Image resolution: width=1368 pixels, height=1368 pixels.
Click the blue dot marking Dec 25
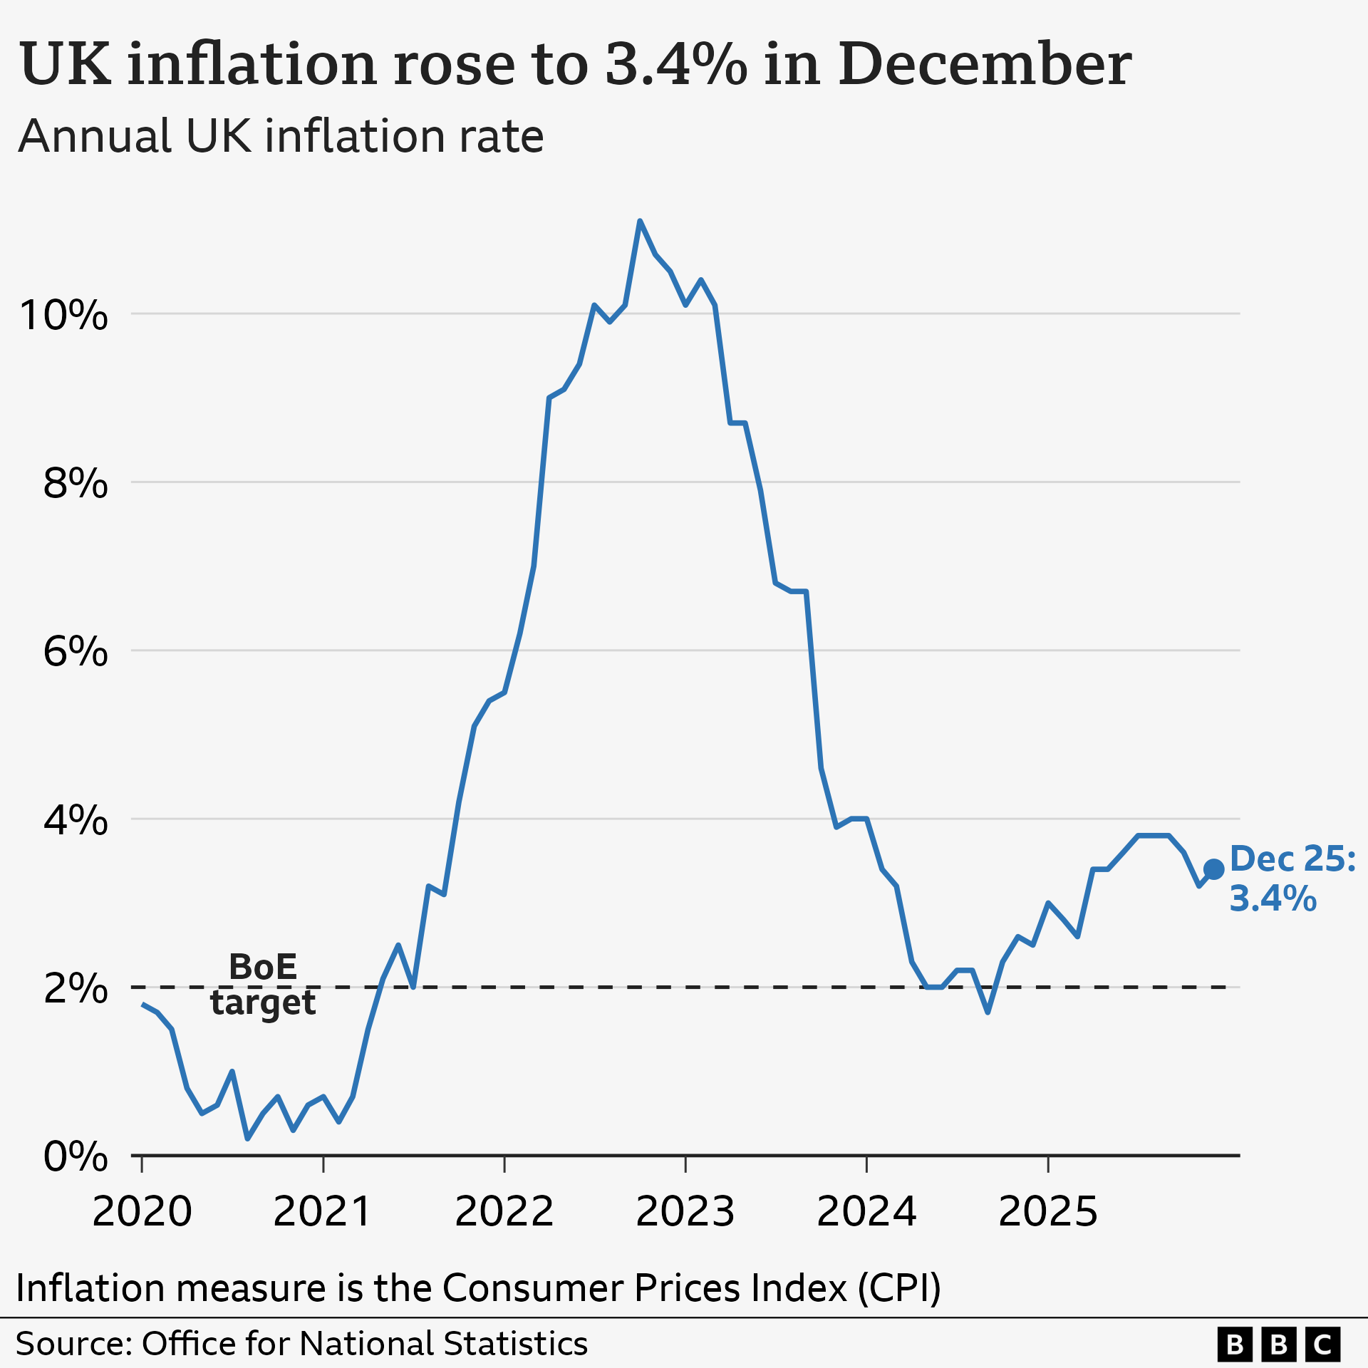pos(1213,869)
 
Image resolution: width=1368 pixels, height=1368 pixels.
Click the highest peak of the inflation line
pos(640,222)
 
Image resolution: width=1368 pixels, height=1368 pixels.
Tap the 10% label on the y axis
pos(64,315)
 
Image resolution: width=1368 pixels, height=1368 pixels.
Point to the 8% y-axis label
pos(75,483)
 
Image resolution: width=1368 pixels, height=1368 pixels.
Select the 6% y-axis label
pos(75,651)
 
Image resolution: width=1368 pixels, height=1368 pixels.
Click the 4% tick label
pos(75,820)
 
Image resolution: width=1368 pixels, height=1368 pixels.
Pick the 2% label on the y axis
pos(75,988)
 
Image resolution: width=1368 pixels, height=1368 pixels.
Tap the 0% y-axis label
pos(75,1156)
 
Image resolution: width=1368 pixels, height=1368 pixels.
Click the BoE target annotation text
pos(263,985)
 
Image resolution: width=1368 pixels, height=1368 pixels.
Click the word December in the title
pos(985,64)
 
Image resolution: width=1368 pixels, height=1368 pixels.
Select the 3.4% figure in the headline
pos(676,64)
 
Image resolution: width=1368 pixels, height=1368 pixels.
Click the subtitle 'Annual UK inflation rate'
pos(281,136)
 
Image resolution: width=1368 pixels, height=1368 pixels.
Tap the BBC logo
pos(1278,1344)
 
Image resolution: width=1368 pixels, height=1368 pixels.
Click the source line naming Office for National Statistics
pos(301,1344)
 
